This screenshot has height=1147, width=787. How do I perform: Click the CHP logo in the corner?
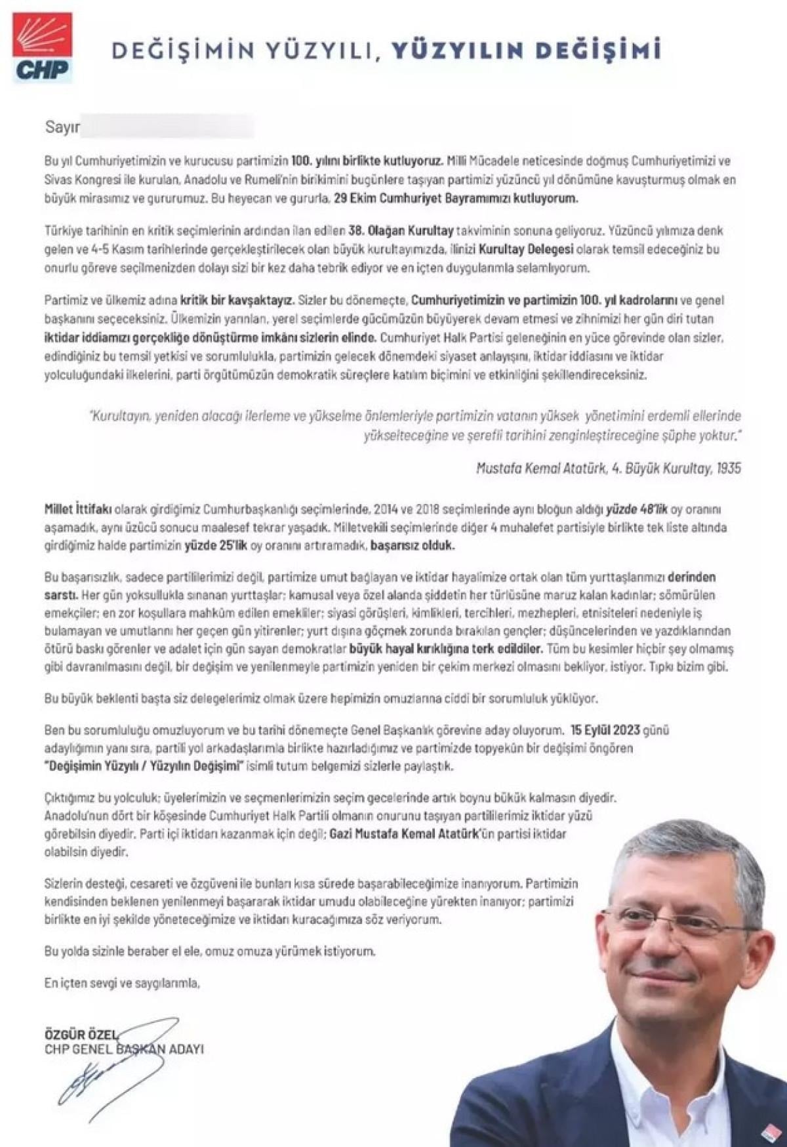[x=43, y=48]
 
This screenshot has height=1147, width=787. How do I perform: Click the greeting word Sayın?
[x=62, y=127]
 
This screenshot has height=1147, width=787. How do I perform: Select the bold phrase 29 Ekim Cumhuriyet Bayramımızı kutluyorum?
[x=456, y=198]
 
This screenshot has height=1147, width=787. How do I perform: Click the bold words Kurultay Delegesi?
[x=526, y=249]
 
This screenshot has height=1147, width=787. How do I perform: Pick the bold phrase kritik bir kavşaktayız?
[x=237, y=301]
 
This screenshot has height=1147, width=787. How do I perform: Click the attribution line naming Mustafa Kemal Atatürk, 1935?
[x=608, y=468]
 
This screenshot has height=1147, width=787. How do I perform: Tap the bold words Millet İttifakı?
[x=78, y=509]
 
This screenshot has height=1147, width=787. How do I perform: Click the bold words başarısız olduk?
[x=413, y=545]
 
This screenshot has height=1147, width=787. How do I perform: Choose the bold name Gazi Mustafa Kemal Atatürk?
[x=403, y=834]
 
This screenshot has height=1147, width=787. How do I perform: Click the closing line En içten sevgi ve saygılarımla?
[x=122, y=983]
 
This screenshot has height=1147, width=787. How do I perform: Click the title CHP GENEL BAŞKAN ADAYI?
[x=124, y=1049]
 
